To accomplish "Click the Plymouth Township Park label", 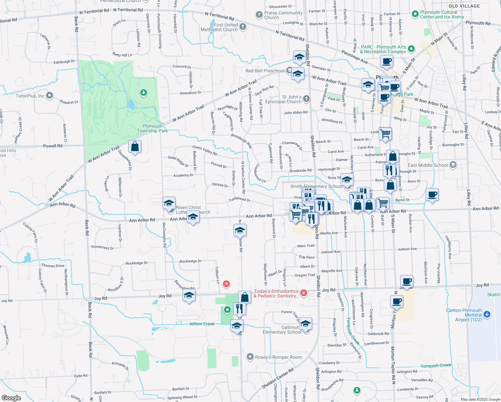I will click(x=152, y=129).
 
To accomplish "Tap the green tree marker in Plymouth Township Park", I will click(x=144, y=92).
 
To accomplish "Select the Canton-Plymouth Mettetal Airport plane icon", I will click(x=487, y=315).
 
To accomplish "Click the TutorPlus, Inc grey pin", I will click(x=50, y=96).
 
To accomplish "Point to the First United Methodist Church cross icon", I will click(x=243, y=27).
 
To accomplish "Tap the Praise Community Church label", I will click(x=283, y=15).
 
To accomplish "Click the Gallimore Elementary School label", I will click(x=282, y=330).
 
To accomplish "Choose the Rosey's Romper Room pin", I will click(x=250, y=357).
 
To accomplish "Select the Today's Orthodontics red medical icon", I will click(x=304, y=293).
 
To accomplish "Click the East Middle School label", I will click(x=428, y=165).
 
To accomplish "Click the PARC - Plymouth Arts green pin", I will click(x=412, y=49).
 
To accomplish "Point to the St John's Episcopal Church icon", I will click(x=306, y=99).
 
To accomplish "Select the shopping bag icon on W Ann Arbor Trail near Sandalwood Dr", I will click(x=135, y=147).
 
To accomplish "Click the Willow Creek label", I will click(x=202, y=324).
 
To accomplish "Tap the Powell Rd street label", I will click(x=53, y=146).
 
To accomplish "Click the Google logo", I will click(x=11, y=398).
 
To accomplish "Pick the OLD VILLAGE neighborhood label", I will click(x=464, y=6).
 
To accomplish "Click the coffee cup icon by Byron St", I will click(x=432, y=195).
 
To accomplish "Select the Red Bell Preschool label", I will click(x=265, y=71).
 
